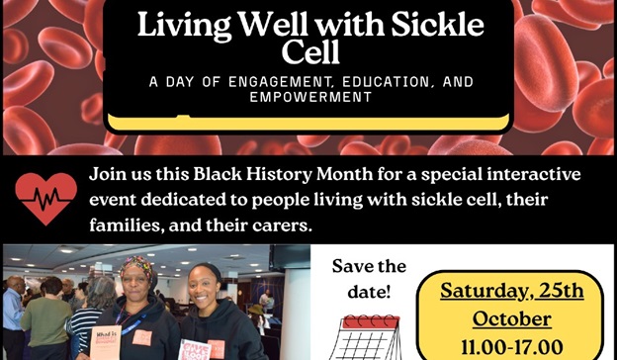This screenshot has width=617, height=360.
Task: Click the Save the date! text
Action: [368, 279]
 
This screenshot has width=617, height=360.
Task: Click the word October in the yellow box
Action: [511, 320]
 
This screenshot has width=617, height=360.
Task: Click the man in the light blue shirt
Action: [12, 307]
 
